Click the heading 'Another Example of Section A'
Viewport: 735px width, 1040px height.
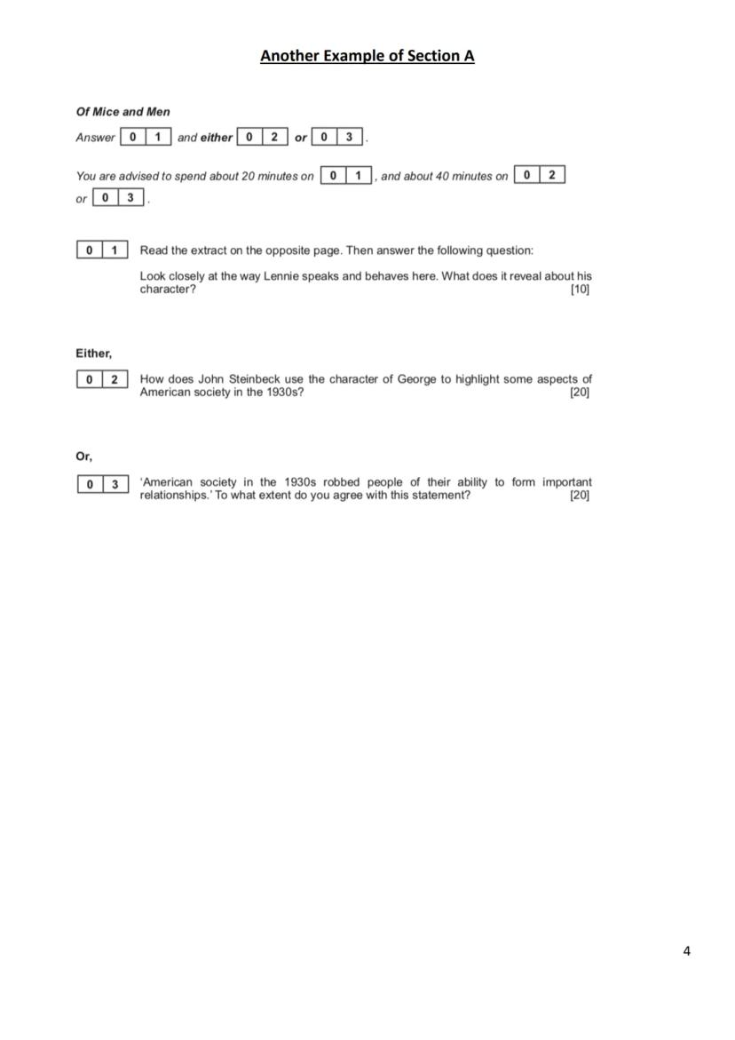[x=367, y=56]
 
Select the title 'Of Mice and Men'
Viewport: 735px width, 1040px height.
[x=122, y=112]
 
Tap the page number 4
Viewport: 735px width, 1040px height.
[x=687, y=951]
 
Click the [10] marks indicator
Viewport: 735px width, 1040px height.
[x=580, y=290]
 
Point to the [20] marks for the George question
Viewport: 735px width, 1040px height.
[x=580, y=393]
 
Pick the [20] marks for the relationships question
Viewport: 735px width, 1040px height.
[x=580, y=496]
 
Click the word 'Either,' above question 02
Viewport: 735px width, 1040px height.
[x=93, y=353]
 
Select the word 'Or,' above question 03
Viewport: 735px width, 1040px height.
[x=84, y=456]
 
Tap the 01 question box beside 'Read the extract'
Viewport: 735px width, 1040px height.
[x=102, y=250]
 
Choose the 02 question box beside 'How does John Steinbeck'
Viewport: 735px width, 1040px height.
[x=102, y=380]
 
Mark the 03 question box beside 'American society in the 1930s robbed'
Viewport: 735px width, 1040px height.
[x=102, y=484]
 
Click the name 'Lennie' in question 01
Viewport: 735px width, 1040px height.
[x=281, y=276]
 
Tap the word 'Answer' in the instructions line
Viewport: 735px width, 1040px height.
[x=95, y=138]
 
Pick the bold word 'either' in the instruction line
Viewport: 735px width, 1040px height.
[x=216, y=138]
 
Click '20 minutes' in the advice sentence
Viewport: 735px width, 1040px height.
[x=270, y=176]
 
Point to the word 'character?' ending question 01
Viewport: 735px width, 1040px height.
[x=168, y=290]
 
